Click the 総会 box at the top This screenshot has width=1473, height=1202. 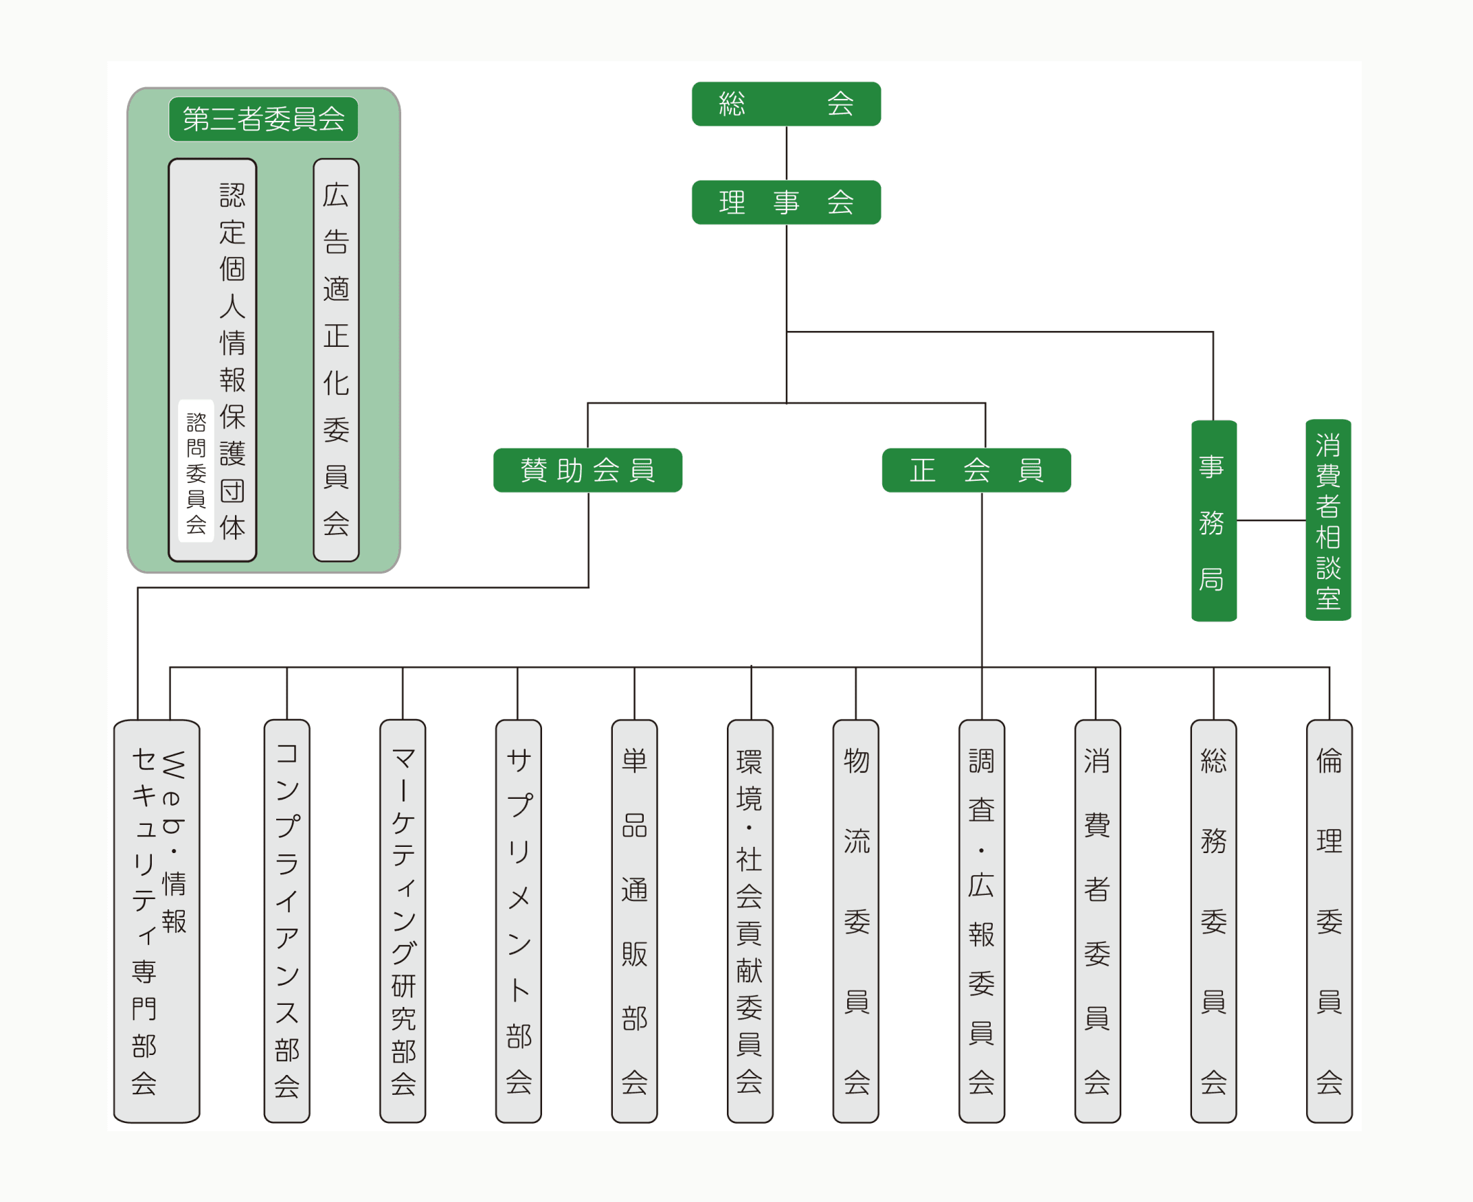786,104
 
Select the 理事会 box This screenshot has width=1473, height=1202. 786,202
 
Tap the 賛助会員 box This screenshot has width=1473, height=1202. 587,470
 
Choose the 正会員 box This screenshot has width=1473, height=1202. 976,470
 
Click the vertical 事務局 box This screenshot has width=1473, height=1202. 1213,521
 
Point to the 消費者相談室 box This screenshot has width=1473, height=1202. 1327,521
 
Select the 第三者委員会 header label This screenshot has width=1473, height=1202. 263,119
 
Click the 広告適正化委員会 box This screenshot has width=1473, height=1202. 336,359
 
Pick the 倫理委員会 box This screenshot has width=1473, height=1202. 1328,921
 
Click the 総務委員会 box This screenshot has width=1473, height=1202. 1213,921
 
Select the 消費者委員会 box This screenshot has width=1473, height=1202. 1097,921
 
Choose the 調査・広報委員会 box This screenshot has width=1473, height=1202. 981,921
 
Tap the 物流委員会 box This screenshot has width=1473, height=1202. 855,921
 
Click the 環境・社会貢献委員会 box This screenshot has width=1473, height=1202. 750,921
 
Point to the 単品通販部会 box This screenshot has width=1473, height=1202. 633,921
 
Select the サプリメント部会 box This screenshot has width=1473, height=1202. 518,921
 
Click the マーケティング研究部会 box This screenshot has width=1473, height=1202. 403,921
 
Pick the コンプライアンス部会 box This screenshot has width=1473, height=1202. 286,921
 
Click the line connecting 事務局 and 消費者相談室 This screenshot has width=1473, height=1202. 1271,520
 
